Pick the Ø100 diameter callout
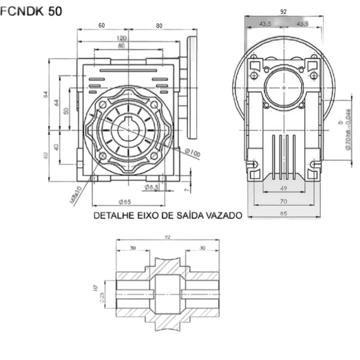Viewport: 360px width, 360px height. pyautogui.click(x=192, y=152)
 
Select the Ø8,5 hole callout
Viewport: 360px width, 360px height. pyautogui.click(x=153, y=188)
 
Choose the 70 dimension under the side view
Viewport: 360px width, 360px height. pyautogui.click(x=284, y=201)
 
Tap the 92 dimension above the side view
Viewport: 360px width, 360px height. pyautogui.click(x=284, y=11)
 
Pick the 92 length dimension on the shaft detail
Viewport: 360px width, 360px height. pyautogui.click(x=168, y=238)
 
